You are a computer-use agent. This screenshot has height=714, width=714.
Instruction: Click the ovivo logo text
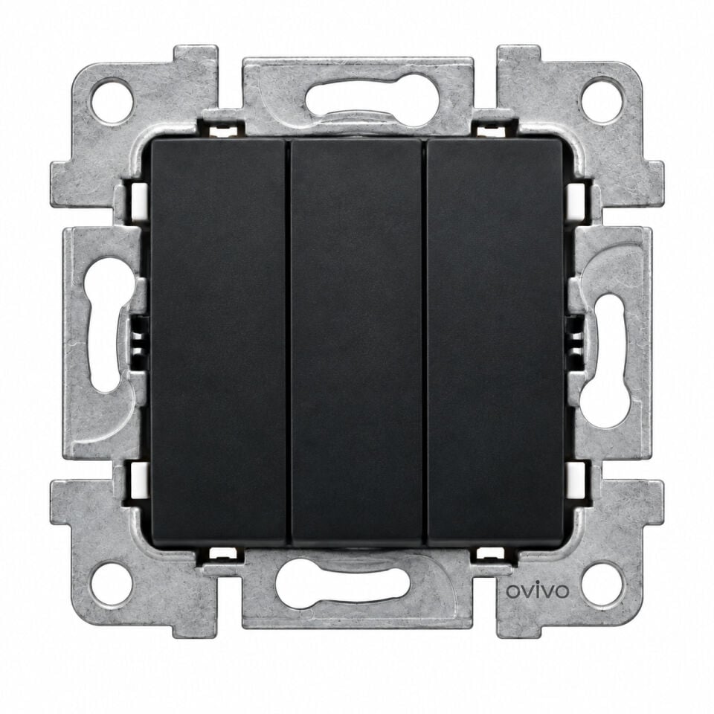coord(538,591)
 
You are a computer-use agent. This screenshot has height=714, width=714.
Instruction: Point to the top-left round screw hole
coord(112,101)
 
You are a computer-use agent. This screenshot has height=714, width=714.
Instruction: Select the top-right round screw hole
coord(602,101)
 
